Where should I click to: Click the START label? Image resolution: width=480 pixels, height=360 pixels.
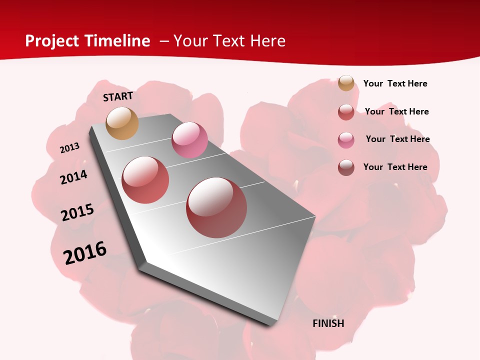(x=118, y=96)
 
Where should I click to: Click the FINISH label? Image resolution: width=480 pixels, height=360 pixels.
(x=328, y=323)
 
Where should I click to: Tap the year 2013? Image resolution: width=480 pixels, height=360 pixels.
(x=69, y=148)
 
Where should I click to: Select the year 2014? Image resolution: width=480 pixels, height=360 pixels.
(x=73, y=177)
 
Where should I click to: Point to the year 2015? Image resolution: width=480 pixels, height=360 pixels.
(x=77, y=212)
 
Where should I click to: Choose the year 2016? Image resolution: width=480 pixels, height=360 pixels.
(x=85, y=252)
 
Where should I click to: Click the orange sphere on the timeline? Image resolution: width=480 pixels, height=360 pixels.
(x=122, y=123)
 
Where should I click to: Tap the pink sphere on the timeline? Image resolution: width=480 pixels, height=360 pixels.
(x=189, y=139)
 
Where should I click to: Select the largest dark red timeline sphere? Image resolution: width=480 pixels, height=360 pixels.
(x=216, y=207)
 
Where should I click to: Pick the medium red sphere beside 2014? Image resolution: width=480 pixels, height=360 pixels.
(x=145, y=179)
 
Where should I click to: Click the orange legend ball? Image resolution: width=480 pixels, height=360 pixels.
(x=346, y=83)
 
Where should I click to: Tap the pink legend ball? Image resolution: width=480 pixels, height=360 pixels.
(x=346, y=140)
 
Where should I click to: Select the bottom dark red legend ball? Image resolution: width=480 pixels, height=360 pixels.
(x=346, y=167)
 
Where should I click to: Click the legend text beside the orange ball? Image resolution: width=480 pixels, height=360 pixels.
(x=395, y=83)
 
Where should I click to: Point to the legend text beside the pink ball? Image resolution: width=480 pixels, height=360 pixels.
(x=397, y=139)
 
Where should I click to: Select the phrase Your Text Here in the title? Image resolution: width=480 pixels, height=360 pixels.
(x=229, y=41)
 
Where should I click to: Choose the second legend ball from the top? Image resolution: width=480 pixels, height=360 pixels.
(x=346, y=112)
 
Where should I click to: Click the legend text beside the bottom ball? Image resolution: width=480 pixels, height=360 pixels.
(x=395, y=167)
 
